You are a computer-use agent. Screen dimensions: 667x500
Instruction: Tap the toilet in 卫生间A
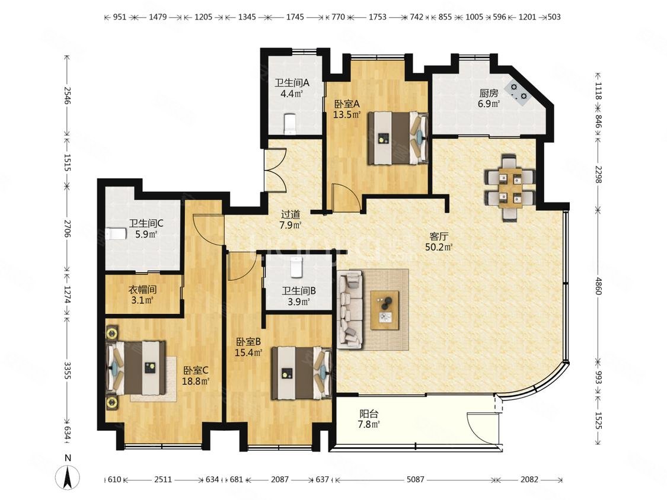click(x=290, y=123)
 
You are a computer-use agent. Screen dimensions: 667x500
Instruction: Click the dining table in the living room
click(x=510, y=187)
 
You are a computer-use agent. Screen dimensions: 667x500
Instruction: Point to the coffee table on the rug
click(x=385, y=310)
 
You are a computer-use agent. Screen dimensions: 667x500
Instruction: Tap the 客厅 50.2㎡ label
click(x=439, y=242)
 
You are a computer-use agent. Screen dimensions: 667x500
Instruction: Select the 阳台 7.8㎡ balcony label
click(x=369, y=418)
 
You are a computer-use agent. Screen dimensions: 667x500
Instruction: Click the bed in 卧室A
click(x=398, y=138)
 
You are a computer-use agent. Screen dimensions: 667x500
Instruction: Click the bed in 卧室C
click(x=136, y=367)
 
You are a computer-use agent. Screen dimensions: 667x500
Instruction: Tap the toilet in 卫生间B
click(x=296, y=267)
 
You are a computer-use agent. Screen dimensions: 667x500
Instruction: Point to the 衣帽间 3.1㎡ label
click(x=142, y=295)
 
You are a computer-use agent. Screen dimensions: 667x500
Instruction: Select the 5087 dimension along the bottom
click(x=415, y=479)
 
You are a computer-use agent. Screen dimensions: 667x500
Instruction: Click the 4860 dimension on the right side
click(x=598, y=286)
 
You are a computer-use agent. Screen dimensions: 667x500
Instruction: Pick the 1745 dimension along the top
click(x=295, y=17)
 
